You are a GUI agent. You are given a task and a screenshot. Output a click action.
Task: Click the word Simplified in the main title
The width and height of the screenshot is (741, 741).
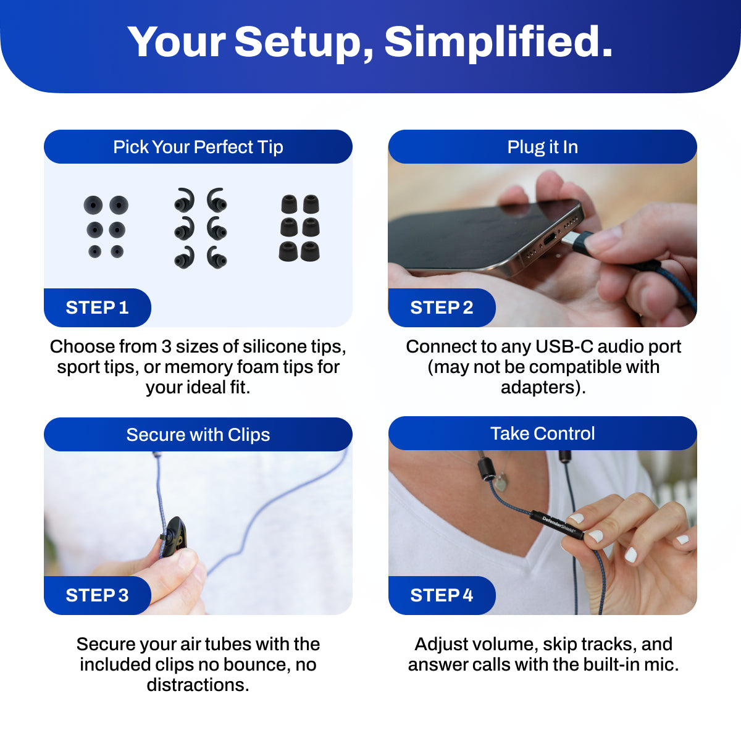coord(498,43)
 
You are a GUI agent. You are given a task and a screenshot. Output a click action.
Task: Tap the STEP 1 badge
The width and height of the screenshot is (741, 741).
coord(98,308)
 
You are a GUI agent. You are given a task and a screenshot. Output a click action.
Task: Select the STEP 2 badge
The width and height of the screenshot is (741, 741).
coord(442,308)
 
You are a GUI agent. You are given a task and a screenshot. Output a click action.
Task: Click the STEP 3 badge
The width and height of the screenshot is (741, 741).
coord(98,595)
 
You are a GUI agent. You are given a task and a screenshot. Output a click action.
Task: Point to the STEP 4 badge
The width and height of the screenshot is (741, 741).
coord(442,595)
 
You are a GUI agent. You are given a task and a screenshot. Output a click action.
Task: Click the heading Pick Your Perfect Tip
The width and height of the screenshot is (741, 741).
coord(198,147)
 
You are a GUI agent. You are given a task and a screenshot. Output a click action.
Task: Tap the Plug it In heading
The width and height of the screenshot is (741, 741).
coord(543,147)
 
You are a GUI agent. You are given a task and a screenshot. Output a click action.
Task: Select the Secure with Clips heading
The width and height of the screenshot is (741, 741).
coord(198,435)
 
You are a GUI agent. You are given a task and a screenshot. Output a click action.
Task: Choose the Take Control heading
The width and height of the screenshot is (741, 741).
coord(543,433)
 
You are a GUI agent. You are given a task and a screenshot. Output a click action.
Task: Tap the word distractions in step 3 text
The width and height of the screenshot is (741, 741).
coord(198,685)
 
